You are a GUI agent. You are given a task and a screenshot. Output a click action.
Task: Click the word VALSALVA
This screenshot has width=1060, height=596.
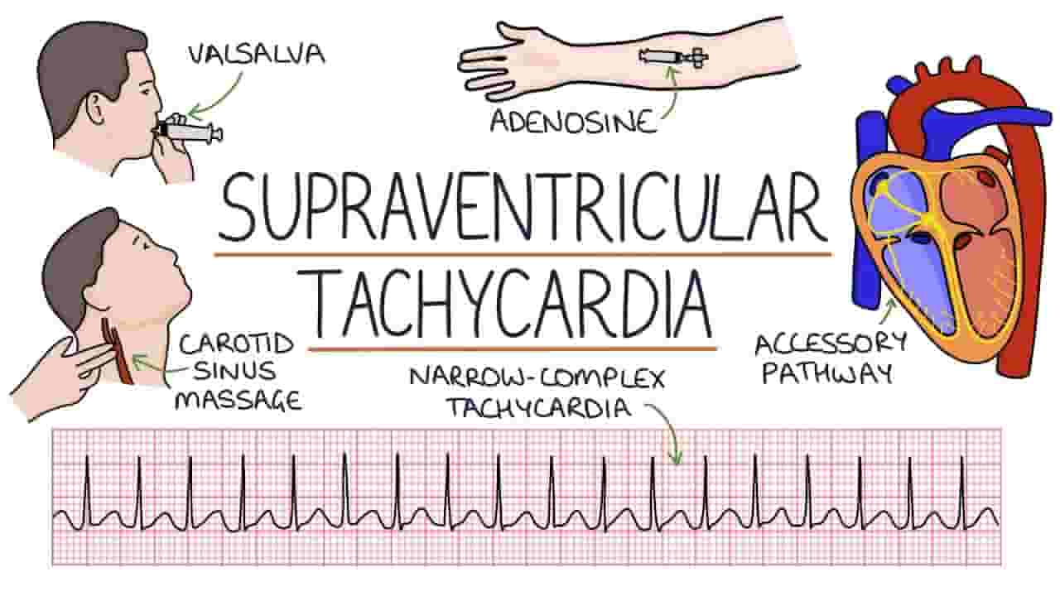[257, 55]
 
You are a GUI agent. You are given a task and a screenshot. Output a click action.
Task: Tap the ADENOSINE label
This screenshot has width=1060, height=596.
[573, 122]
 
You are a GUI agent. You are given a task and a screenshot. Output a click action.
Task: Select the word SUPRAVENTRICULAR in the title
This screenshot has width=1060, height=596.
[522, 207]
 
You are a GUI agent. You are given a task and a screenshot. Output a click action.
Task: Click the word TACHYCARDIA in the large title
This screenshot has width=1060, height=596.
[513, 303]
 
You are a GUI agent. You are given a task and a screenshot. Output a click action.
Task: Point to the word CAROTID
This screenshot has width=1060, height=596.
[236, 344]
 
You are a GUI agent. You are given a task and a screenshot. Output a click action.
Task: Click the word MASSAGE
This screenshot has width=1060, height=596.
[238, 401]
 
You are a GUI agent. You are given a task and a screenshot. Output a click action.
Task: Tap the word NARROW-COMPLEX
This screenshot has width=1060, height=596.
[537, 378]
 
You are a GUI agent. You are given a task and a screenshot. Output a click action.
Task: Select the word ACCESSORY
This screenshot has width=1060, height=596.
[831, 344]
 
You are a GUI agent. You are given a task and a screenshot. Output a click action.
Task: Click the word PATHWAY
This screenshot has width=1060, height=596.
[827, 373]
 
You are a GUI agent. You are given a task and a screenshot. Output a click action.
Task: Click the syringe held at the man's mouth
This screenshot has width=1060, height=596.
[190, 129]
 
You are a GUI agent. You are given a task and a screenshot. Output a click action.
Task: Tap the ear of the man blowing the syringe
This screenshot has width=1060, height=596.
[95, 111]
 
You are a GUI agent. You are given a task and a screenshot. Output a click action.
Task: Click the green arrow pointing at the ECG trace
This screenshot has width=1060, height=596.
[667, 428]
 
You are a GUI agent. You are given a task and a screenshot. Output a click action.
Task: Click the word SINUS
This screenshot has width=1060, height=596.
[234, 372]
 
